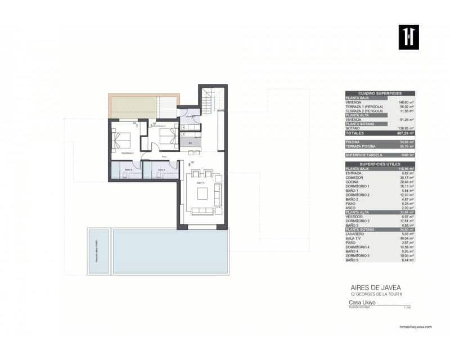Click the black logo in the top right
pos(409,37)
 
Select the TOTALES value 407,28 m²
pos(407,133)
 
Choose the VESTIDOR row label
pos(355,217)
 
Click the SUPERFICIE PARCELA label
pos(364,155)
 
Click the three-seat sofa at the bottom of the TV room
pos(202,211)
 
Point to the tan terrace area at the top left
pos(132,106)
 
